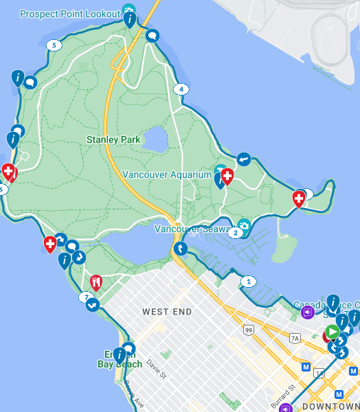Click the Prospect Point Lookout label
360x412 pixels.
69,14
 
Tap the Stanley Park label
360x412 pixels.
113,139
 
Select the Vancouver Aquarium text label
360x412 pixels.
167,174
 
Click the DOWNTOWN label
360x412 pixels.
328,407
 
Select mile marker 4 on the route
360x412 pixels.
181,89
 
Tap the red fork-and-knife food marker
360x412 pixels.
96,282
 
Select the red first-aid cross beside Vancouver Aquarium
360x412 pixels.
227,176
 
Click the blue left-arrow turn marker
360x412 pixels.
244,159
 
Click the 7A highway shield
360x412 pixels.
295,339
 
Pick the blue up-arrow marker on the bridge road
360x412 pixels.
180,248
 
